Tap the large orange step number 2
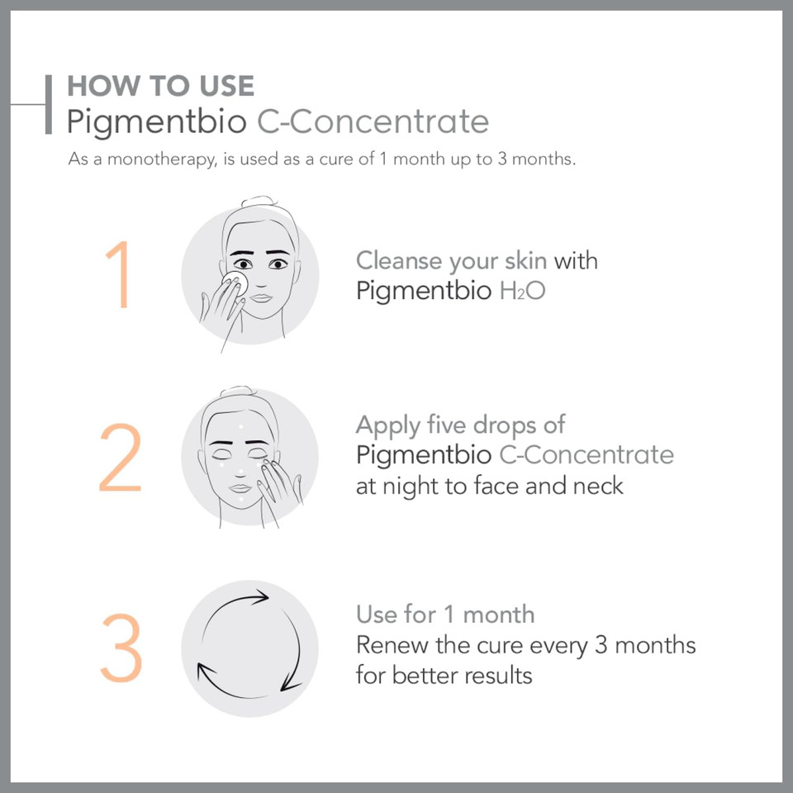[x=120, y=459]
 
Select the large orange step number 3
[x=121, y=648]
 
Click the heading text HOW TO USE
[x=160, y=86]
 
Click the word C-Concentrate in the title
[x=373, y=121]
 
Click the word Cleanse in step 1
[x=398, y=261]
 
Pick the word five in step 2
[x=446, y=425]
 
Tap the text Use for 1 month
[x=445, y=614]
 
